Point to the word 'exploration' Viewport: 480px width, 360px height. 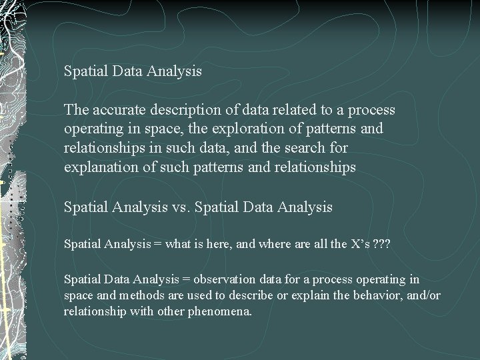click(x=241, y=129)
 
